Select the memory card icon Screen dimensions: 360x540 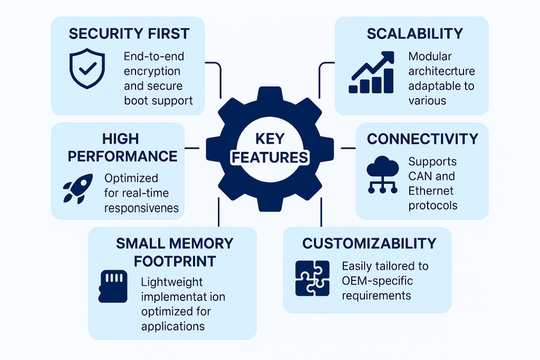click(113, 286)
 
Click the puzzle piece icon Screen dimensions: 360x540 click(312, 278)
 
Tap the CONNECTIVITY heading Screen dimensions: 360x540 click(422, 139)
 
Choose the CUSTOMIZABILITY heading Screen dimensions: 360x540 click(369, 244)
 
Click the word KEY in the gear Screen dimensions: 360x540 click(269, 139)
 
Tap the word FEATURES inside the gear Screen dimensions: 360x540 click(270, 157)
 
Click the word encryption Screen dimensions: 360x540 click(152, 71)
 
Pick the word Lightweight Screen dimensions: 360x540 click(172, 283)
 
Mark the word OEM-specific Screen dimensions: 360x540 click(377, 280)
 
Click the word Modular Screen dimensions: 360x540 click(430, 56)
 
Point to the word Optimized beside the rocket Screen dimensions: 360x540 click(131, 179)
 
